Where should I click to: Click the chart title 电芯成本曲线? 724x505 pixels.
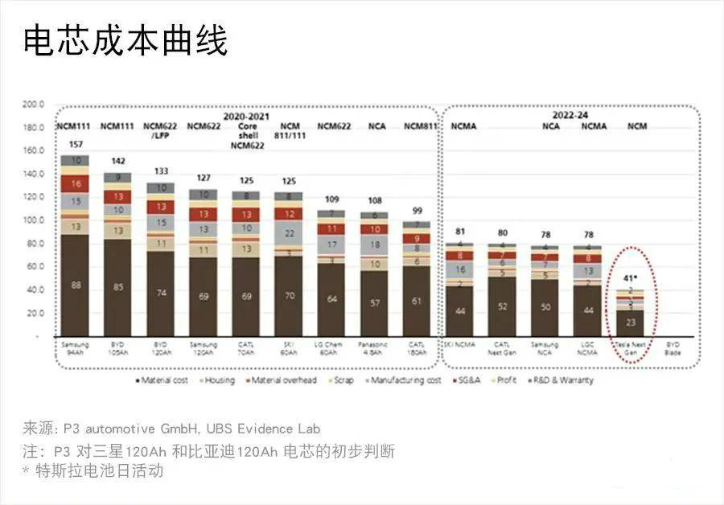(125, 41)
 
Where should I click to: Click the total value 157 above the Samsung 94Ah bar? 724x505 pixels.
(75, 146)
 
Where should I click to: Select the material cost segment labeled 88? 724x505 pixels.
(75, 285)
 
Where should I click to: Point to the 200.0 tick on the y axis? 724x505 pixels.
(32, 105)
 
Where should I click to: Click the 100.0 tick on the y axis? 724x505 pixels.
(32, 220)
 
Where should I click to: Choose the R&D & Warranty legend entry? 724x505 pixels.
(564, 380)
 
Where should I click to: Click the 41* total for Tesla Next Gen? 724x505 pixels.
(634, 278)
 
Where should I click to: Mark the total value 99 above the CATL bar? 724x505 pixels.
(416, 210)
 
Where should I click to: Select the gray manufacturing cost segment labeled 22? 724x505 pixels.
(288, 233)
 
